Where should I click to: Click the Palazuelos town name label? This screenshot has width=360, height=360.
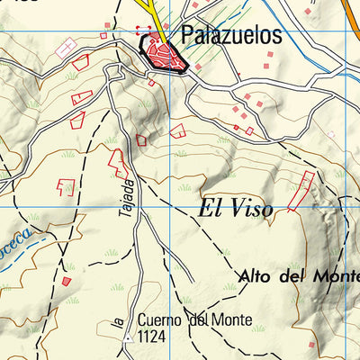[230, 36]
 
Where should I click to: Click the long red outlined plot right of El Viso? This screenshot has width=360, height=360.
[302, 191]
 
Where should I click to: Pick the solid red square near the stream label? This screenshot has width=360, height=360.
[66, 282]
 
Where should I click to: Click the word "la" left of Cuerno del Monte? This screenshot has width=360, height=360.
[118, 317]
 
